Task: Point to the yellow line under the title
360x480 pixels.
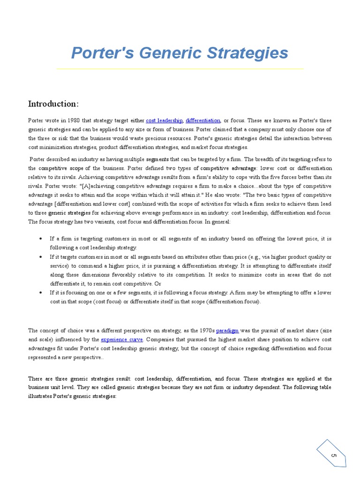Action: pos(180,69)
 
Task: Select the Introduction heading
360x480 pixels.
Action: pos(53,104)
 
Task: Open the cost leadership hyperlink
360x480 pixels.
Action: pos(164,120)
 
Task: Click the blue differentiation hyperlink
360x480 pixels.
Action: pos(203,120)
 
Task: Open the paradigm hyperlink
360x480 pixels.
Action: pos(227,330)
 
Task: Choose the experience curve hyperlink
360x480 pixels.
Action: pos(122,339)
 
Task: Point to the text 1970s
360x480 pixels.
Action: pos(205,330)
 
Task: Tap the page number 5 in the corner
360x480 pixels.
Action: pos(334,456)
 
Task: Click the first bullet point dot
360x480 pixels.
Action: pos(43,239)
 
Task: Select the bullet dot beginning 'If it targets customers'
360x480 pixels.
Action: pos(43,257)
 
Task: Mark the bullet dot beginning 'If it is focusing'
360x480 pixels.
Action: pos(43,292)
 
